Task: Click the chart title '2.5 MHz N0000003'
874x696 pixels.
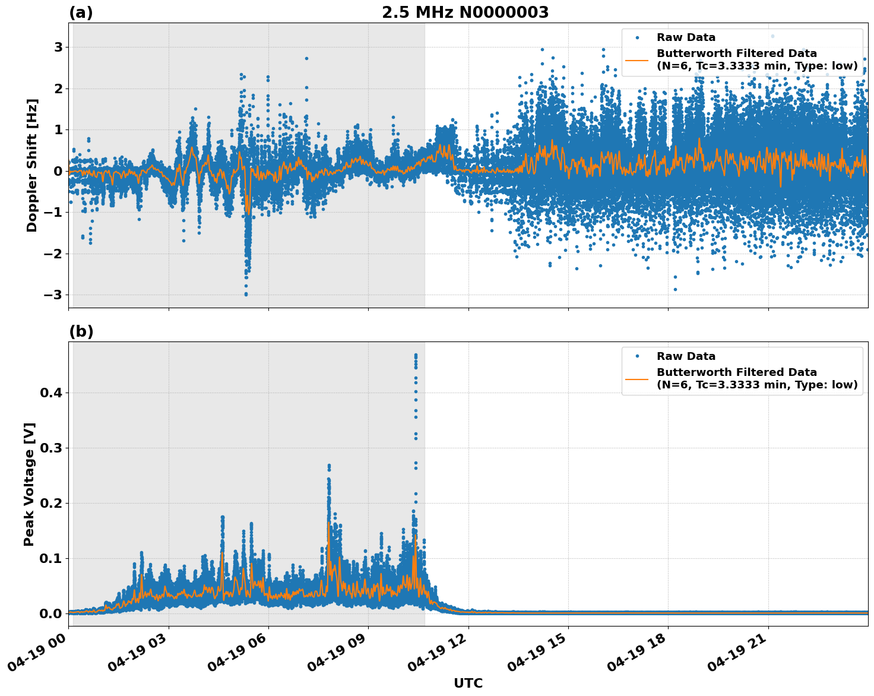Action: coord(465,12)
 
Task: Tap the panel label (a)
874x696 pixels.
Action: coord(81,12)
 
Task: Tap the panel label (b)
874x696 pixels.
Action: coord(81,331)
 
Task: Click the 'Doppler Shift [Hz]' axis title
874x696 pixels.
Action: coord(32,165)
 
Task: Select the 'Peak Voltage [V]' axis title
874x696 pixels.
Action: coord(30,484)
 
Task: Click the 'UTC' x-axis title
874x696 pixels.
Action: coord(468,684)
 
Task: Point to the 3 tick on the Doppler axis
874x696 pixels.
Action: coord(58,47)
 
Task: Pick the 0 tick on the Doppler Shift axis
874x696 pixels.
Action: coord(58,171)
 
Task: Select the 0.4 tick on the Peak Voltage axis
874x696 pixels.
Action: coord(52,393)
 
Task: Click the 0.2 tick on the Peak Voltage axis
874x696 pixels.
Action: coord(52,504)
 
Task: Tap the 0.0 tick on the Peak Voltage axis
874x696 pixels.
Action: coord(52,613)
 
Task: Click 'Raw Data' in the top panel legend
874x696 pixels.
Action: coord(686,37)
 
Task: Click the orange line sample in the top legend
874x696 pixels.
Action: coord(637,60)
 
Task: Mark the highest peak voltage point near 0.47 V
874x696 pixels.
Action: coord(416,355)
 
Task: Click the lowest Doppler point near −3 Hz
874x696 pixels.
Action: coord(246,294)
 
